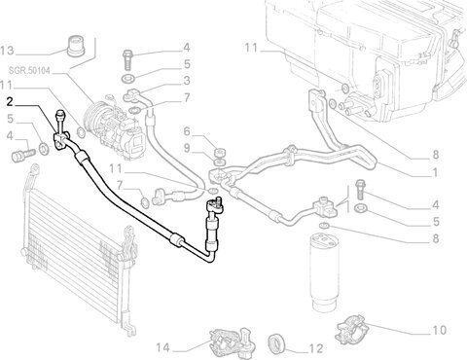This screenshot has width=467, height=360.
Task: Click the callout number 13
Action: [7, 51]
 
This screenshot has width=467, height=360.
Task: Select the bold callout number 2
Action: [10, 102]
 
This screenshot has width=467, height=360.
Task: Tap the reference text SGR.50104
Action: [29, 70]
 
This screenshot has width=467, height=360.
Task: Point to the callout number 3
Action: [187, 81]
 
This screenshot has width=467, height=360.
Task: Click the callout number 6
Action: [187, 131]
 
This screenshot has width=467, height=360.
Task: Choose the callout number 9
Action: [187, 148]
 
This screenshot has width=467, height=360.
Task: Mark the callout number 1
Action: [435, 173]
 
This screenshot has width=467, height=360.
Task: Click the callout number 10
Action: [440, 331]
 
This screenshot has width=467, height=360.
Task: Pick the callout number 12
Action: [316, 348]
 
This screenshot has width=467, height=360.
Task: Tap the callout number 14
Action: [163, 348]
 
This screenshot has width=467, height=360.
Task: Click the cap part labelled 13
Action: [76, 47]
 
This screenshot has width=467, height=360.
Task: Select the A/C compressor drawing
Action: [113, 127]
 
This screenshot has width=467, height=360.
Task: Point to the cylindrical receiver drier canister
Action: [323, 271]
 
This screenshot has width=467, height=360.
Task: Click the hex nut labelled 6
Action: [220, 152]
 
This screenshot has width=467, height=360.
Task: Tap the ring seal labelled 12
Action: [277, 342]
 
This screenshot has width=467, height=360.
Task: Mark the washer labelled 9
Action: [220, 162]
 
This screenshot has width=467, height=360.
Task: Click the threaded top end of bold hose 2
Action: [60, 114]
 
